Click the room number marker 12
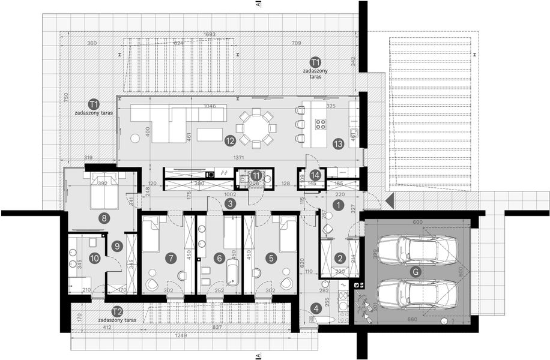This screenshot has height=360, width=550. [x=229, y=142]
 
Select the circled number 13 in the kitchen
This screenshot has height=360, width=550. [x=337, y=143]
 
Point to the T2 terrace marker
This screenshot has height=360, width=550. [x=117, y=311]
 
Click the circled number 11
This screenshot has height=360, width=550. [x=256, y=175]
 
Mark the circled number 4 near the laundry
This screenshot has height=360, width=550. [x=315, y=310]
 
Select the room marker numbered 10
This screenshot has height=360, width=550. [x=94, y=258]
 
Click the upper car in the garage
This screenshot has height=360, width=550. [x=417, y=248]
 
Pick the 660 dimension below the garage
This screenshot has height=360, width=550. [x=412, y=319]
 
